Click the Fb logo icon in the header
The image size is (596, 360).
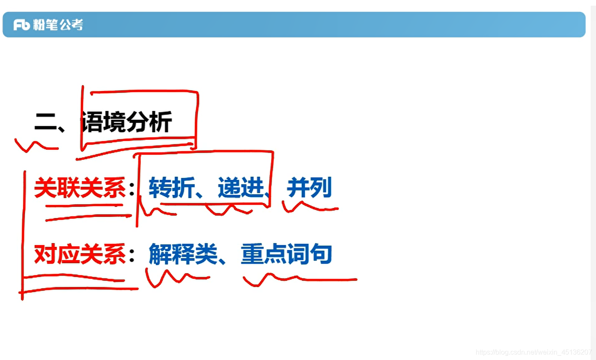(x=21, y=25)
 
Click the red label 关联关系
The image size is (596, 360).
(x=80, y=188)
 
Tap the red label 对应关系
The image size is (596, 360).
(x=80, y=254)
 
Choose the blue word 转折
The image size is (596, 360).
(x=171, y=188)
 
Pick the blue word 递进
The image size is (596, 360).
(x=240, y=188)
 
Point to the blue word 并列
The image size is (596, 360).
(x=309, y=188)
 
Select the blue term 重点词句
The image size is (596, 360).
(x=286, y=254)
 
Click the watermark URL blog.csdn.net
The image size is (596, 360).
(x=533, y=352)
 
